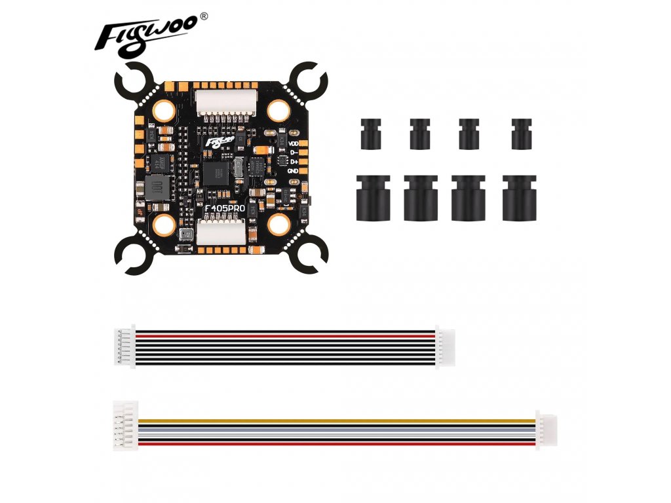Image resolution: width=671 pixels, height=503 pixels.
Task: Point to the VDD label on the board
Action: tap(293, 143)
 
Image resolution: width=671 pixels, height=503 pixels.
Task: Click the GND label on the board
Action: tap(293, 170)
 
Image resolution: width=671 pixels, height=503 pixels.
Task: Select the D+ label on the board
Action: tap(293, 161)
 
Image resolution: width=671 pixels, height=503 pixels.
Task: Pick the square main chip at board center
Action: tap(214, 173)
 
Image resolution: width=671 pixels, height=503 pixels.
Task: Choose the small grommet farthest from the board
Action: tap(522, 133)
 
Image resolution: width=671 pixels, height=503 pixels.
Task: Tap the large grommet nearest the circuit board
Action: tap(372, 197)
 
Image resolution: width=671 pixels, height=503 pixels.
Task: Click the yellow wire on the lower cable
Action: tap(328, 419)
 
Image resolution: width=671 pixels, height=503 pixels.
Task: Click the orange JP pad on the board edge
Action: tap(139, 211)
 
